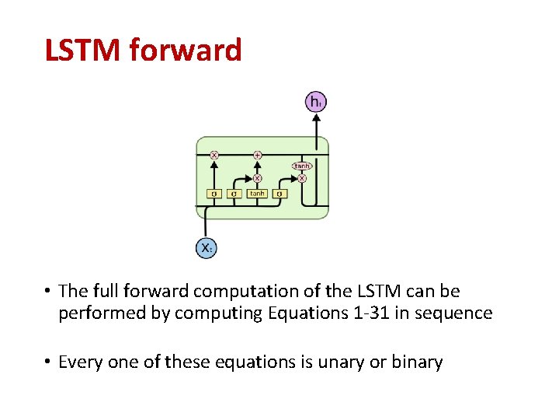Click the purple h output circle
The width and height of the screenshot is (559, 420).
pyautogui.click(x=316, y=102)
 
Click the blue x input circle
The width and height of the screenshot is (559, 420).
pyautogui.click(x=205, y=248)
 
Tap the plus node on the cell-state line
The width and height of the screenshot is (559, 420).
pyautogui.click(x=258, y=155)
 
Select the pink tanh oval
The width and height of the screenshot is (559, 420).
pyautogui.click(x=301, y=166)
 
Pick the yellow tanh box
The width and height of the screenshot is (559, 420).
pyautogui.click(x=257, y=193)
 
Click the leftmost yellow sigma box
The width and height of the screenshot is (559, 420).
pyautogui.click(x=214, y=193)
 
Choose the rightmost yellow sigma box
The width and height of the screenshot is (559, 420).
pyautogui.click(x=279, y=193)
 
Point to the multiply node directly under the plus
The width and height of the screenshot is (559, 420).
pyautogui.click(x=258, y=177)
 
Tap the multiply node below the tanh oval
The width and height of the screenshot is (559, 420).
pyautogui.click(x=302, y=178)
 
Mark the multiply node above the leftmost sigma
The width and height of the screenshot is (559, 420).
pyautogui.click(x=214, y=155)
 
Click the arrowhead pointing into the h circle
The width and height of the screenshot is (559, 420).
pyautogui.click(x=316, y=117)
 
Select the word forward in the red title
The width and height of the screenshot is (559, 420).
pyautogui.click(x=186, y=51)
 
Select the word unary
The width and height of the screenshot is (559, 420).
pyautogui.click(x=346, y=362)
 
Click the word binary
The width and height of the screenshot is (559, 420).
pyautogui.click(x=418, y=362)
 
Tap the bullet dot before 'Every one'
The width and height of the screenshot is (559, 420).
pyautogui.click(x=48, y=362)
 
